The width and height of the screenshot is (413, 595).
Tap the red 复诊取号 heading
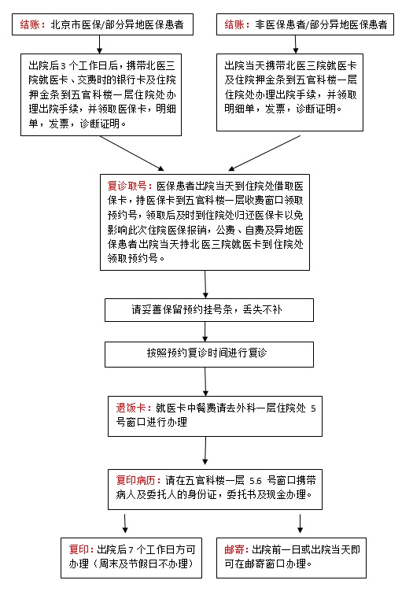126,186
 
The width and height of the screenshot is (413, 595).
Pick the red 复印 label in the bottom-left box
78,549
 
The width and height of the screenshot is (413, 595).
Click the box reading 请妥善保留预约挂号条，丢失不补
205,309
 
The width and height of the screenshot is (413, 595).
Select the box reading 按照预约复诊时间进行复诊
205,353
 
